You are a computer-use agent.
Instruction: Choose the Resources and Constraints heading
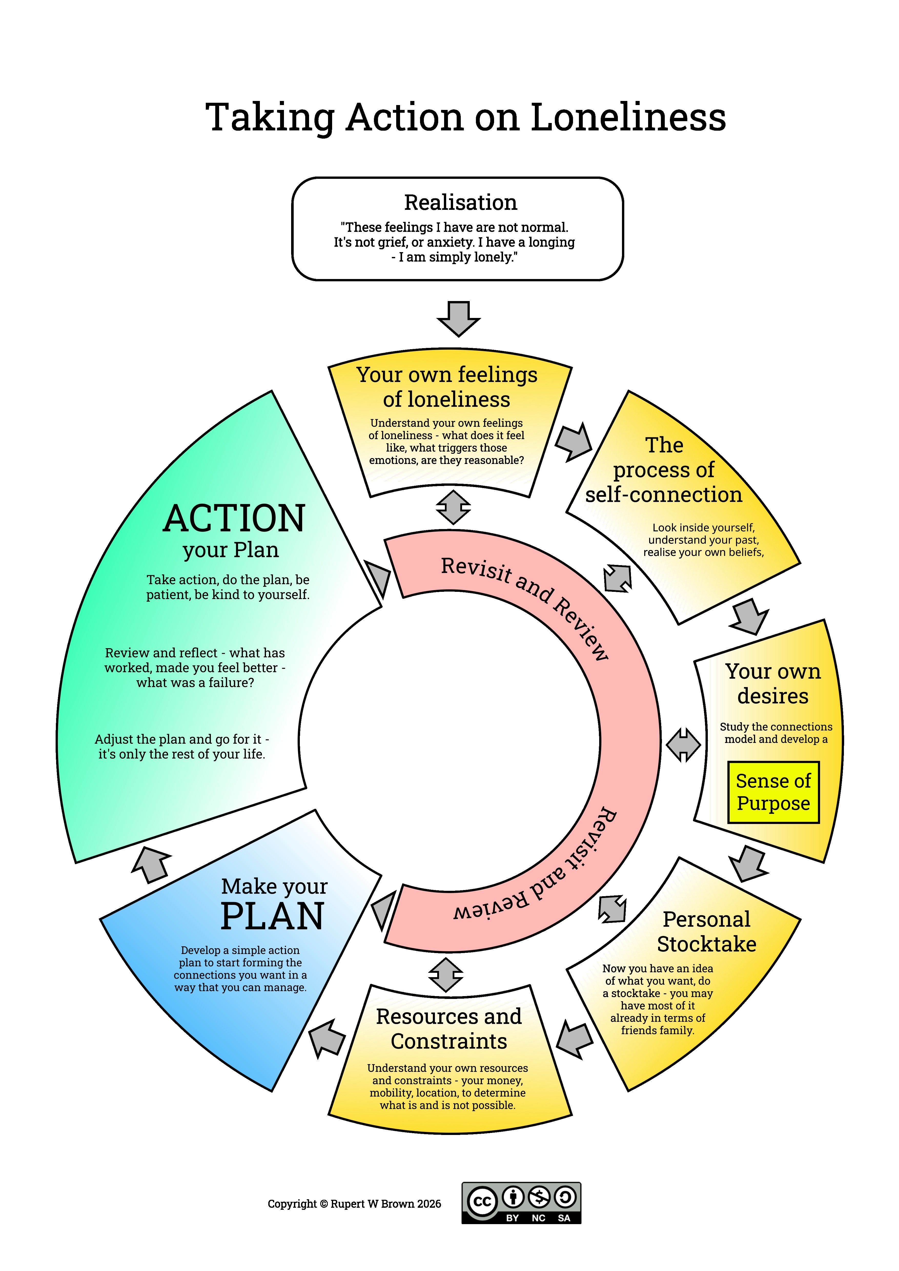(448, 1029)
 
